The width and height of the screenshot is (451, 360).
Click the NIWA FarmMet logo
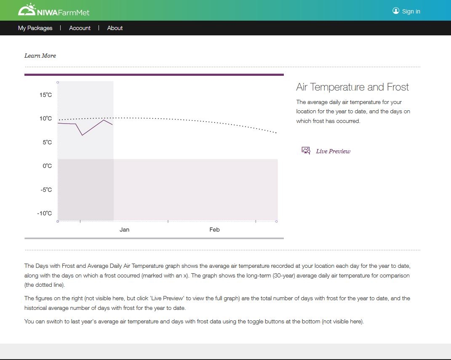pos(53,10)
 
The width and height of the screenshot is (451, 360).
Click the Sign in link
pos(411,11)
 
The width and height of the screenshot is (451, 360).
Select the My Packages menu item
pos(35,28)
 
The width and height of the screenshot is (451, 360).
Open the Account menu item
pos(80,28)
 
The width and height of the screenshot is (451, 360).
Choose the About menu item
pos(115,28)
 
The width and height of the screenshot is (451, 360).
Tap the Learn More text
pos(40,56)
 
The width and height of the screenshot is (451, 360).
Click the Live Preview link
pos(333,151)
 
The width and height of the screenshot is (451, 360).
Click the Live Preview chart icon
pos(306,151)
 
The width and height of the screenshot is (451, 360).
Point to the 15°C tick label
pos(46,95)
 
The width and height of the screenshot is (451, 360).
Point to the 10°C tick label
pos(46,119)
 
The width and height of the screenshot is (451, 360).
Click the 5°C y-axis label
pos(47,142)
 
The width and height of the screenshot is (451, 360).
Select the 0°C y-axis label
pos(47,166)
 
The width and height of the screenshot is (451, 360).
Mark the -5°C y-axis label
pos(45,190)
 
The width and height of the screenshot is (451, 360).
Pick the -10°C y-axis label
pos(45,213)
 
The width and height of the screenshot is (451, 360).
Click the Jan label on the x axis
pos(124,229)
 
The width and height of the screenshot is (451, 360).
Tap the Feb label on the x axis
pos(214,229)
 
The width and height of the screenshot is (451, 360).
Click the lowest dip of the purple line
pos(82,135)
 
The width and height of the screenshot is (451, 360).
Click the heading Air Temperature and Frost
pos(352,87)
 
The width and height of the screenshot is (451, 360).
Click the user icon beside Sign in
pos(396,11)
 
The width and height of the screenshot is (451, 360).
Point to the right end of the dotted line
pos(276,133)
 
